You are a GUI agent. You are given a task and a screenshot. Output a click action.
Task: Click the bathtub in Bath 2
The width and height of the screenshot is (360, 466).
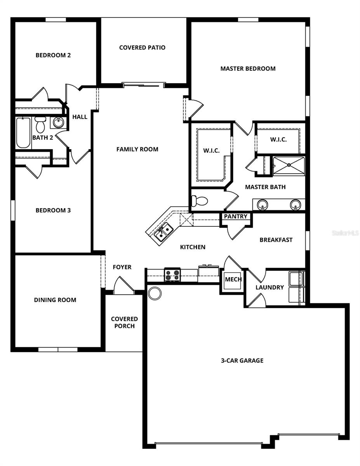point(23,133)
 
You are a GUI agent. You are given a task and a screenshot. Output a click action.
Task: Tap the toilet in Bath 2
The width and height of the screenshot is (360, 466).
point(40,124)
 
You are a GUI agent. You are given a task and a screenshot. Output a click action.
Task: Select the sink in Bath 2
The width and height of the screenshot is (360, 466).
point(59,123)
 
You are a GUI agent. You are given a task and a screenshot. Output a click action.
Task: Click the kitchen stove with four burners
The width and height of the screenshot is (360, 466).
point(172,275)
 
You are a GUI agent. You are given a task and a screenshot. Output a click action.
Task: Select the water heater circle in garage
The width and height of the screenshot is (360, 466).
point(154,293)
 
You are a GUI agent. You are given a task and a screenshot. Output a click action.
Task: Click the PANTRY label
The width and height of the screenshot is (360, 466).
point(236,216)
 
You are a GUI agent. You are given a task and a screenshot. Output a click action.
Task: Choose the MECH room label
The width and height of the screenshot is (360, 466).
point(233,279)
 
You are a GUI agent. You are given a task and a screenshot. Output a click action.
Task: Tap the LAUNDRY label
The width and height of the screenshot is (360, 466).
point(270,287)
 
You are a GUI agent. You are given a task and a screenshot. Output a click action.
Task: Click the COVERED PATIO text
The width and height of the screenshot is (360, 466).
point(142,47)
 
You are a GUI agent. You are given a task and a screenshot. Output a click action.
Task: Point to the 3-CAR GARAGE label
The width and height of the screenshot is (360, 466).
point(242,360)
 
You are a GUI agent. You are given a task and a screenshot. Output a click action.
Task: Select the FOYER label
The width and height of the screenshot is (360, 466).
point(122,267)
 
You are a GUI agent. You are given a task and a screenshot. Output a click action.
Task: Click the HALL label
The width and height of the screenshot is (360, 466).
point(80,116)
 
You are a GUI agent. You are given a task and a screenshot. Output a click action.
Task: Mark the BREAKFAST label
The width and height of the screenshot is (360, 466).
point(276,240)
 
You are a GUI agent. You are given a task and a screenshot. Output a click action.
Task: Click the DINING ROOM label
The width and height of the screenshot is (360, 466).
point(55,300)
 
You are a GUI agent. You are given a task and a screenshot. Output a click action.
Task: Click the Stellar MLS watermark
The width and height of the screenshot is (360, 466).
point(345,233)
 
